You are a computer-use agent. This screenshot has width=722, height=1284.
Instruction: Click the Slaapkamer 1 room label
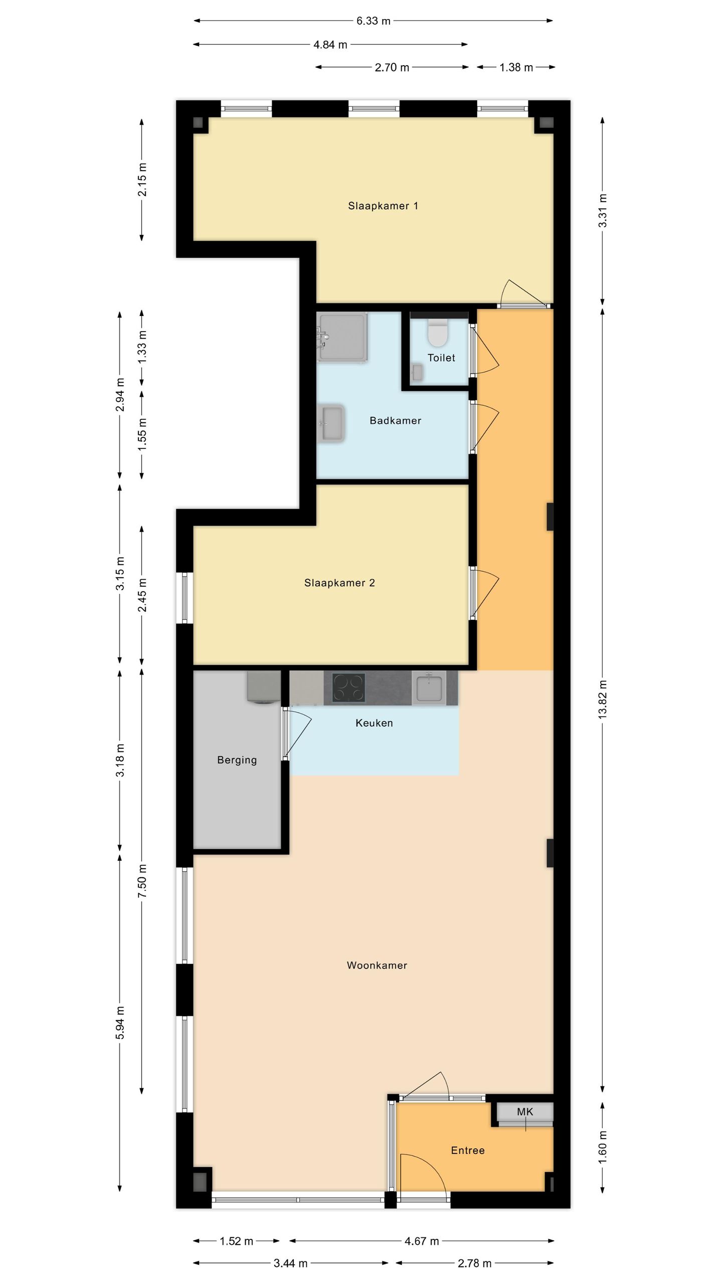coord(383,206)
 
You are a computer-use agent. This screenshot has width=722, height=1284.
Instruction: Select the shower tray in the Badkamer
coord(342,337)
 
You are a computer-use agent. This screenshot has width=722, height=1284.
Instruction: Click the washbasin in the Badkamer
coord(331,423)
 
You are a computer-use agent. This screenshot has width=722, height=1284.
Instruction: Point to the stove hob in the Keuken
coord(349,688)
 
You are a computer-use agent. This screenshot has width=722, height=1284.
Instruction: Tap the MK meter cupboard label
coord(525,1112)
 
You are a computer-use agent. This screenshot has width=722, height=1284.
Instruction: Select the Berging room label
coord(237,760)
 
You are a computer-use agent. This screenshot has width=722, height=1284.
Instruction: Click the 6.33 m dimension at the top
coord(373,21)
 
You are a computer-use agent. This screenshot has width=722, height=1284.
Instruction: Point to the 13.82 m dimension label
coord(603,699)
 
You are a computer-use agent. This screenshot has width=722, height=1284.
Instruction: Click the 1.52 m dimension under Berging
coord(236,1241)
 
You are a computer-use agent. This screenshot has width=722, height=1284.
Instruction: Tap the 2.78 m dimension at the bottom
coord(474,1263)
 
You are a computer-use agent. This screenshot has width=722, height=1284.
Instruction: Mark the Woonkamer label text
coord(377,966)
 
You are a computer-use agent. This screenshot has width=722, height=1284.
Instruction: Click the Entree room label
coord(467,1151)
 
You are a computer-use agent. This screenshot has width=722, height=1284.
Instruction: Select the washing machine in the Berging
coord(263,687)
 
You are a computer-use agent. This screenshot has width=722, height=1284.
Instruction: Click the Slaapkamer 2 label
coord(339,583)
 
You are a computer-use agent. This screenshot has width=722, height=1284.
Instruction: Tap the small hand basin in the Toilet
coord(417,372)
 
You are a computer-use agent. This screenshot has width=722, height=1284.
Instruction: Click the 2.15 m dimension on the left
coord(142,179)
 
